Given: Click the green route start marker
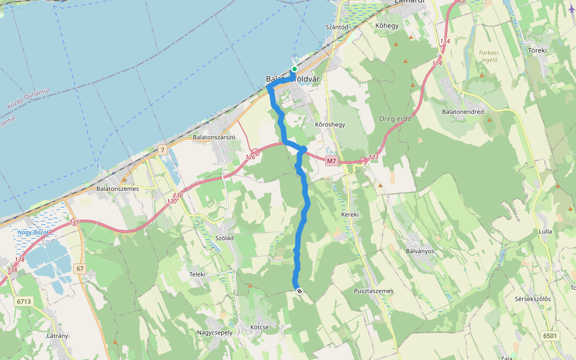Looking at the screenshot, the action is coord(295,69).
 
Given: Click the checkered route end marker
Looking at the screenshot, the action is coord(299,291).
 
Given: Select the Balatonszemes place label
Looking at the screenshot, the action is coord(118,189).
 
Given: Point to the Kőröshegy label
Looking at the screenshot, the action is coord(330,125).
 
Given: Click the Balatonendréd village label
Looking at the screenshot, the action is coord(463,112).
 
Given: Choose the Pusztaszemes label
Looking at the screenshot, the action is coord(374,291).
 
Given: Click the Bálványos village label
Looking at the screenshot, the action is coord(420,251).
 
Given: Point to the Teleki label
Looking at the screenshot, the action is coord(197,274).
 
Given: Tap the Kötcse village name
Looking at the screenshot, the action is coord(259,327).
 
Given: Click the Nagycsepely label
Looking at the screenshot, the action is coord(215,332).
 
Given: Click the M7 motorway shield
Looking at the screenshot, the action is coord(332,161).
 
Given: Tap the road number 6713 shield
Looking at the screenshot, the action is coord(24,301).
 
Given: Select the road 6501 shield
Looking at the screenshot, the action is coord(550,335).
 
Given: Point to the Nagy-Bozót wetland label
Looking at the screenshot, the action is coord(32,232).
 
